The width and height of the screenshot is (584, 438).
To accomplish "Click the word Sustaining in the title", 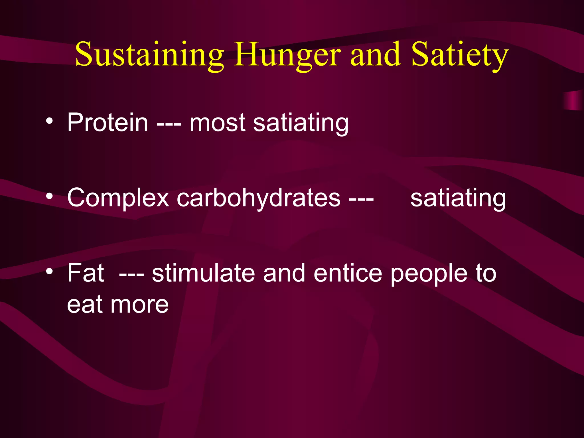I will click(x=149, y=55).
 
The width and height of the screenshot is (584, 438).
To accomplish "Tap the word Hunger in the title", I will click(x=287, y=55).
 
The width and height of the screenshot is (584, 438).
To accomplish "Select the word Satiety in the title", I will click(x=460, y=55).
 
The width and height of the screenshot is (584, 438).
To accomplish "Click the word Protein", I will click(x=108, y=123).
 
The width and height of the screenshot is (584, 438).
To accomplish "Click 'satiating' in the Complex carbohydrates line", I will click(x=458, y=198).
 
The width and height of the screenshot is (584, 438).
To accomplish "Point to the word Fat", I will click(x=86, y=273).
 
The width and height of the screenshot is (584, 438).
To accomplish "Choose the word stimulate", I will click(x=203, y=273).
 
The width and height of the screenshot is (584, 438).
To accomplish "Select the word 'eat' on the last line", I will click(x=84, y=305).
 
